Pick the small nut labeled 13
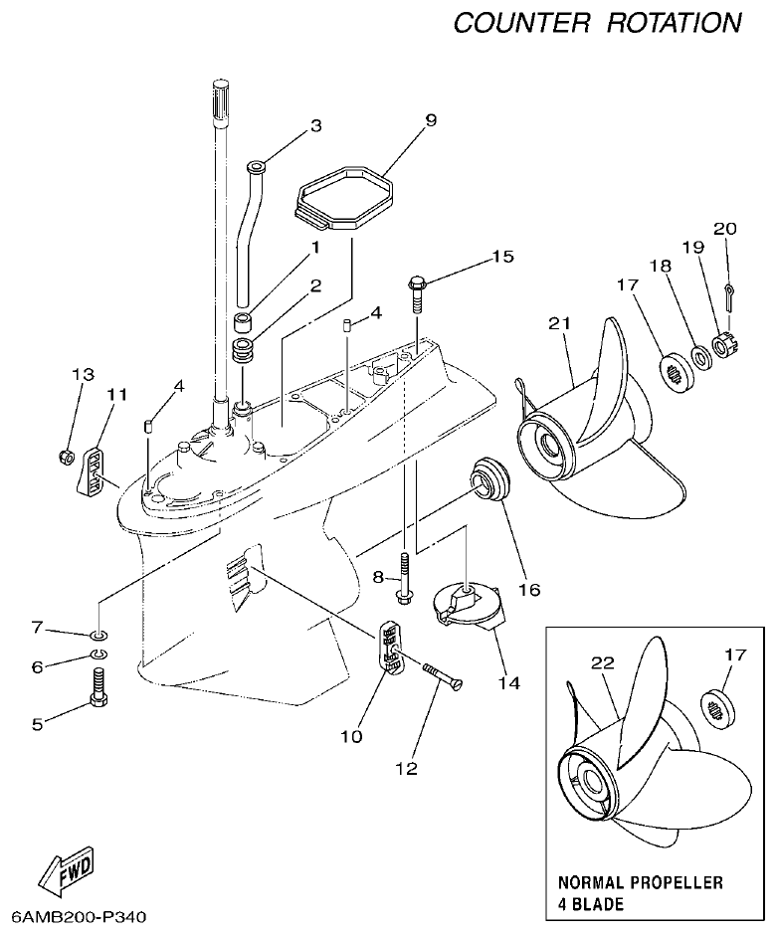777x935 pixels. [x=64, y=457]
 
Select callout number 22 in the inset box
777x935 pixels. [x=603, y=662]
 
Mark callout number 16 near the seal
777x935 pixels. [x=529, y=589]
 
